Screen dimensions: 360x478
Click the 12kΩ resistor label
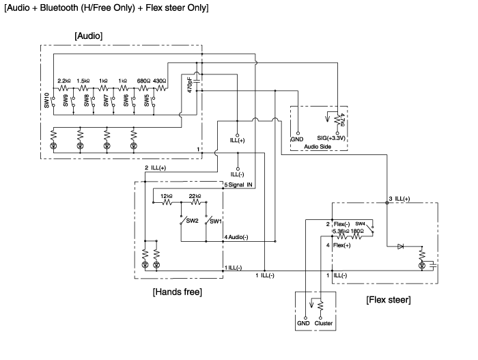tap(166, 195)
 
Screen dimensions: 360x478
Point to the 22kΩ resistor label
tap(195, 195)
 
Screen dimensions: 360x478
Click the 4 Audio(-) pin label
tap(239, 237)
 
